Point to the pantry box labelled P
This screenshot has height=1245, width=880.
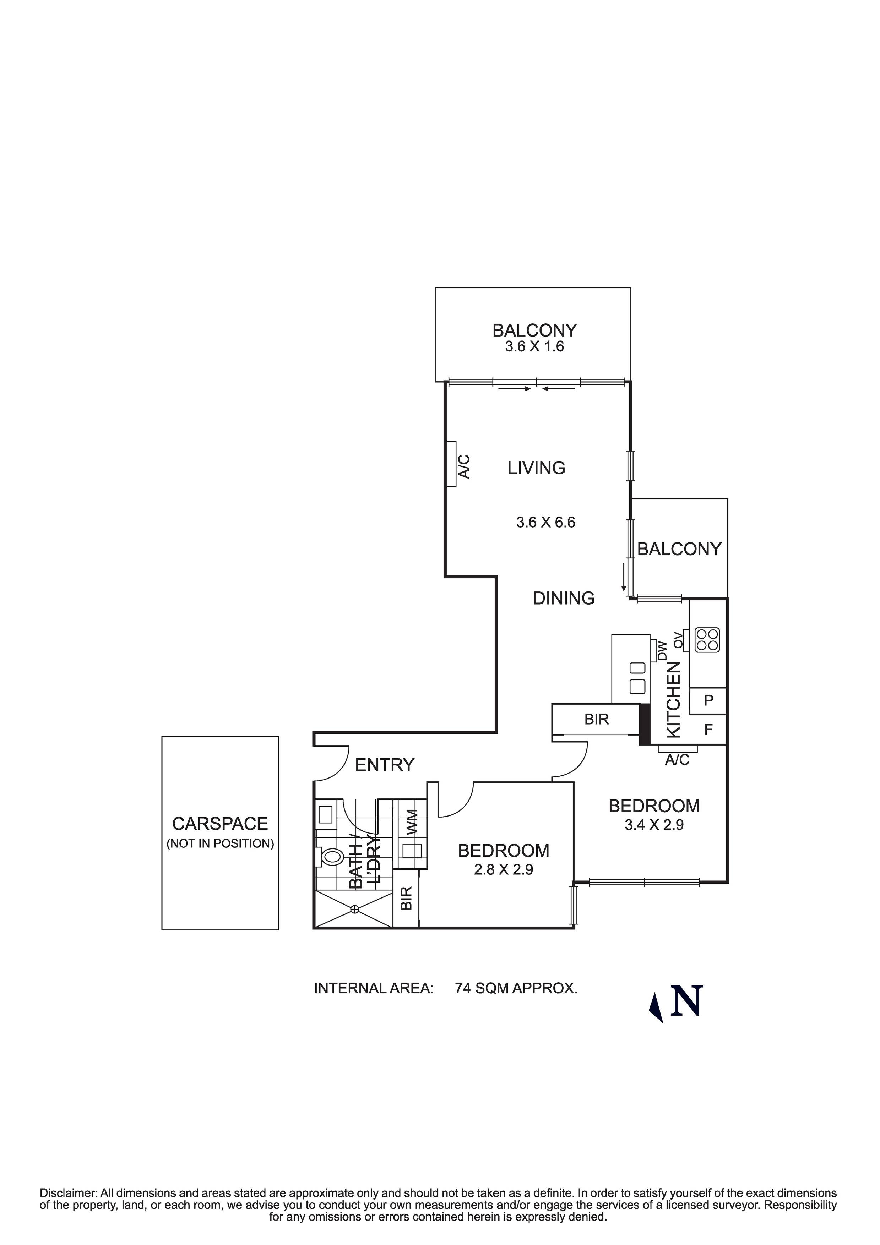pos(708,700)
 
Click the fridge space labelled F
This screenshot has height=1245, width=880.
pos(708,730)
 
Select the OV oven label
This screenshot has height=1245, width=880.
pos(678,640)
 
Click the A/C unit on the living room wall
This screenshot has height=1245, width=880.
pos(451,464)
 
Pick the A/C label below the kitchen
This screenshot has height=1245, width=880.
pos(677,760)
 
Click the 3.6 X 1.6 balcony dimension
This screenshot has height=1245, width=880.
pos(534,347)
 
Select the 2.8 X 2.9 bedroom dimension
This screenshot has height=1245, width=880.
pos(504,870)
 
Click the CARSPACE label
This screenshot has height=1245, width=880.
pos(220,824)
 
